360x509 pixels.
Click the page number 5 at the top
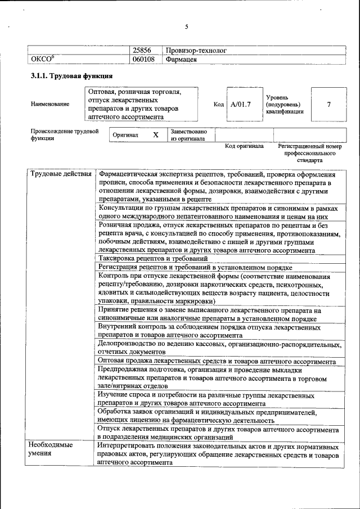[x=187, y=26]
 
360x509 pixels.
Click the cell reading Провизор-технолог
[x=196, y=50]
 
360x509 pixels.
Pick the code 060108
[x=143, y=59]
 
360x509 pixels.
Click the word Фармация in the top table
[x=181, y=59]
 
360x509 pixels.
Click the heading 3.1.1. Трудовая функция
[x=71, y=76]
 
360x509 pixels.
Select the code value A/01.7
[x=240, y=104]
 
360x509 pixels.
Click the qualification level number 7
[x=328, y=104]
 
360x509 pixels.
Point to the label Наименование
[x=51, y=104]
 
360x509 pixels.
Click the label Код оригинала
[x=244, y=146]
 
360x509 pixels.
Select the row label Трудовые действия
[x=61, y=174]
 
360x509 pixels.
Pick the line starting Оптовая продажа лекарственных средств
[x=217, y=361]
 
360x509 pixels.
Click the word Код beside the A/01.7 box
[x=219, y=104]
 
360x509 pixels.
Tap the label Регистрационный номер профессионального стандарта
[x=310, y=153]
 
